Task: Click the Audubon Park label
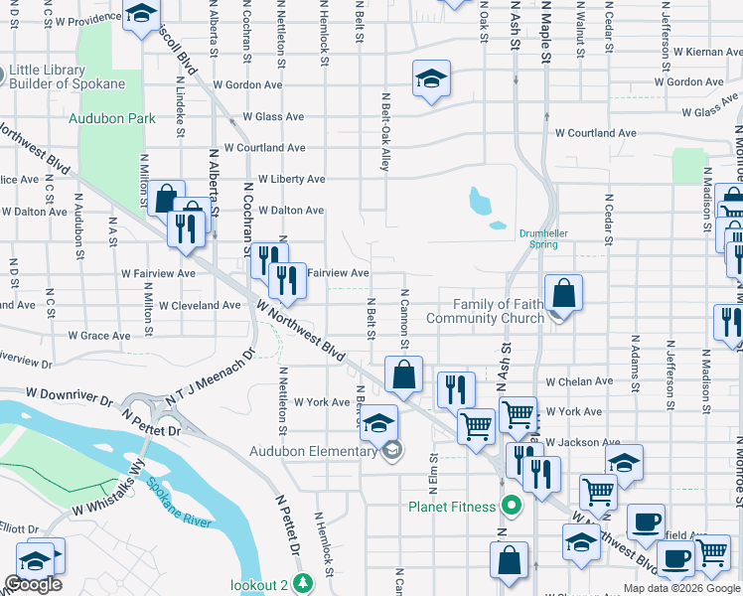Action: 112,118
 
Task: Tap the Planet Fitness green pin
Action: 512,507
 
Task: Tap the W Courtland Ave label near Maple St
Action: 595,133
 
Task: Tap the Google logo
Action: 33,584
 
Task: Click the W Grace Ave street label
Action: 98,336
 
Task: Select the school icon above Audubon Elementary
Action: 377,422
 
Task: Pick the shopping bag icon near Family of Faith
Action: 563,294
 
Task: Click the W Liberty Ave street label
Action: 291,180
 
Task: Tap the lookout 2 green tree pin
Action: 328,584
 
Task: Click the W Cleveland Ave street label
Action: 200,306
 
